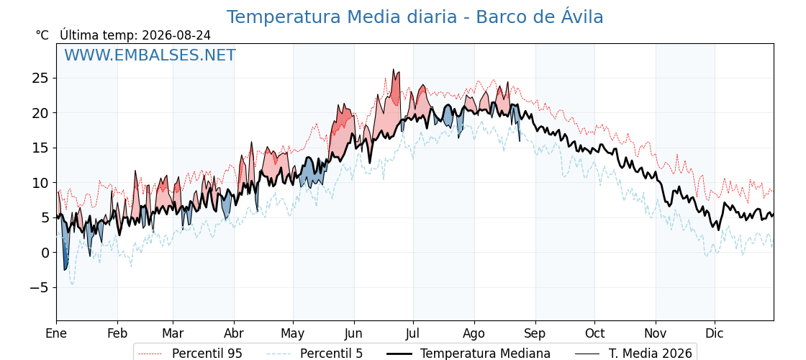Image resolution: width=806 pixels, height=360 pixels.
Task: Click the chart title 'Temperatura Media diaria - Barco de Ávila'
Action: (x=415, y=17)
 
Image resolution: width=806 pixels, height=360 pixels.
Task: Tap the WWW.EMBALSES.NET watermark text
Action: (x=150, y=55)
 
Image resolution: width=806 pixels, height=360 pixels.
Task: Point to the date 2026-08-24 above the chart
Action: (x=176, y=35)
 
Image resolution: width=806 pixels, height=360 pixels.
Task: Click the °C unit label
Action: (x=42, y=35)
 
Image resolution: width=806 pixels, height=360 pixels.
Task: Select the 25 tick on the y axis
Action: (x=40, y=78)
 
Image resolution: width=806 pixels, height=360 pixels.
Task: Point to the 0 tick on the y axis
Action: (x=46, y=253)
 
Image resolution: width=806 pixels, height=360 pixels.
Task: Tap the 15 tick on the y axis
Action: (x=40, y=148)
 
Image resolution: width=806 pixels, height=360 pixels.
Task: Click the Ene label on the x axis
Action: (x=56, y=333)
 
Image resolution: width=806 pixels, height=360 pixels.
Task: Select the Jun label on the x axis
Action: (x=353, y=333)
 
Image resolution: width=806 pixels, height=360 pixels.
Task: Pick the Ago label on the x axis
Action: (x=474, y=334)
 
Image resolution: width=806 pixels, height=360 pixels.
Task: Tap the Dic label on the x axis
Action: (x=714, y=333)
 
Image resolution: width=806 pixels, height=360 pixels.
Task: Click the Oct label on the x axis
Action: (x=594, y=333)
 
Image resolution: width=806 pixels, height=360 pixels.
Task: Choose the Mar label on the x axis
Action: (x=173, y=333)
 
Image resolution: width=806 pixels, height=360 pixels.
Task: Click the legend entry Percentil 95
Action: (x=190, y=354)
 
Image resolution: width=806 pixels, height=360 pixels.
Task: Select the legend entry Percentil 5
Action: (x=315, y=354)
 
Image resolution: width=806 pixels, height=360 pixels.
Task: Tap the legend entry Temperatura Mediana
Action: (x=467, y=354)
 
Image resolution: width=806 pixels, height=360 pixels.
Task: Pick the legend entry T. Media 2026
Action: (x=634, y=354)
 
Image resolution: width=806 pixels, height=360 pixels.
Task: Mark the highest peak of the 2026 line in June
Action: (x=393, y=69)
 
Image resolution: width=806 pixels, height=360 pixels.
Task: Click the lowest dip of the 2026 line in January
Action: (x=65, y=270)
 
